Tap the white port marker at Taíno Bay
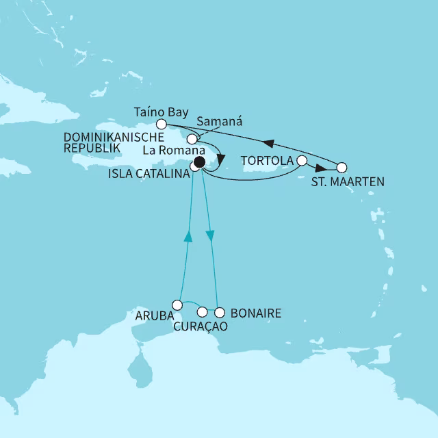click(x=162, y=124)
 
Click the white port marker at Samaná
click(x=192, y=139)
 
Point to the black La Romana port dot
click(x=199, y=162)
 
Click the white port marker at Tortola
click(x=302, y=161)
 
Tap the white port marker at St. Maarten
click(x=342, y=167)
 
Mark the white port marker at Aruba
click(x=177, y=305)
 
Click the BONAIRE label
click(x=255, y=313)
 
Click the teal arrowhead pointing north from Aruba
click(x=189, y=236)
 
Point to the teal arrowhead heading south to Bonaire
click(x=210, y=235)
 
